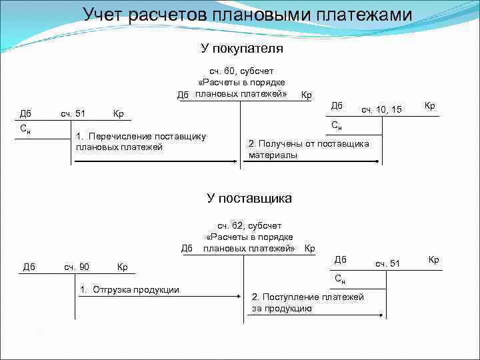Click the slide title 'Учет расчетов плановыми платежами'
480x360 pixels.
pos(247,15)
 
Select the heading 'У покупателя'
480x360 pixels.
pos(242,49)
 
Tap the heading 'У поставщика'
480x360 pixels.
pos(249,199)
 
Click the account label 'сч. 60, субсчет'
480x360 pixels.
pos(241,71)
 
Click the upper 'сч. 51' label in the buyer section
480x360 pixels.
pos(73,113)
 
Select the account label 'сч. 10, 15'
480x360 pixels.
pos(381,109)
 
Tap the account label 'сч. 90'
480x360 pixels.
pos(77,267)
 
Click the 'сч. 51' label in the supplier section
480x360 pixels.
pos(387,263)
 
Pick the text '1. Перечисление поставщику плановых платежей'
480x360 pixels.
pos(141,141)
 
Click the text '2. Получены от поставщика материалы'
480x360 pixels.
pos(308,149)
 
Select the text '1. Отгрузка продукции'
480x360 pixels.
pos(129,289)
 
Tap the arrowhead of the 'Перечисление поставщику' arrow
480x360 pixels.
pos(237,161)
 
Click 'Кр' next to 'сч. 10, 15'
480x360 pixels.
pos(430,106)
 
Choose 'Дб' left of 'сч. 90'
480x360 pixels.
pos(29,267)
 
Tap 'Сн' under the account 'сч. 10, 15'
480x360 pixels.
pos(337,125)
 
